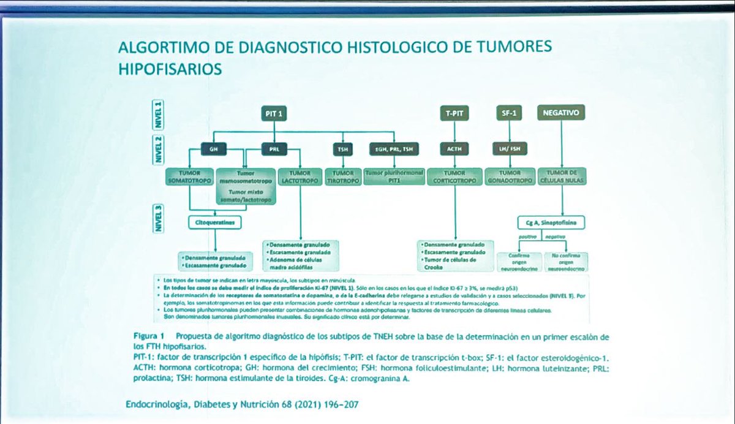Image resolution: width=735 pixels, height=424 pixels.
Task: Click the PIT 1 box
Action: (274, 113)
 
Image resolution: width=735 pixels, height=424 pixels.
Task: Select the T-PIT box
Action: (454, 113)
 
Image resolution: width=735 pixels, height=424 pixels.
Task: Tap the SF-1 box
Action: (508, 113)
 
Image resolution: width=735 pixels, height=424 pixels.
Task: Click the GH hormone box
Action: (213, 150)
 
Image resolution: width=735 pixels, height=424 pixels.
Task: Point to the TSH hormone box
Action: (341, 150)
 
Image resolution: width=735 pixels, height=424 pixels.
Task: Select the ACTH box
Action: (454, 149)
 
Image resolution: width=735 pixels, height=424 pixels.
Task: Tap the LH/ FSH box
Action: (508, 149)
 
